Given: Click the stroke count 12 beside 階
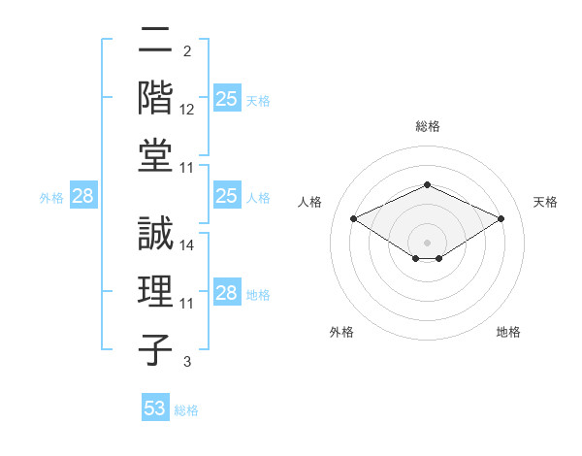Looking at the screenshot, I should [187, 110].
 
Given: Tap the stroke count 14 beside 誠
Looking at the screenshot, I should [187, 245].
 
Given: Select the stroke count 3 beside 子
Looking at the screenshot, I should [186, 362].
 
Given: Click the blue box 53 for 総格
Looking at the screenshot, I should [155, 408].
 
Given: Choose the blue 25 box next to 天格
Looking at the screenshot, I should [227, 99].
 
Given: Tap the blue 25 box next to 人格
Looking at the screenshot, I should [227, 196].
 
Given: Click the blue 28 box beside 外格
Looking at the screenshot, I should [83, 196].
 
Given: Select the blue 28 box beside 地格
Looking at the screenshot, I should [227, 293].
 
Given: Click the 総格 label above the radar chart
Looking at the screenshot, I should [428, 126].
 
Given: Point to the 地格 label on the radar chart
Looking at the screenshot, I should [508, 332].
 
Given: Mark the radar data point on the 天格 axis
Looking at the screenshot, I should [501, 218].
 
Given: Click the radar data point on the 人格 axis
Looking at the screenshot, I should [354, 218].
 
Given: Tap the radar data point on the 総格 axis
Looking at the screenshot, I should [428, 184].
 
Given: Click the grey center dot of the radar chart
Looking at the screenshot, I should [428, 242].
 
